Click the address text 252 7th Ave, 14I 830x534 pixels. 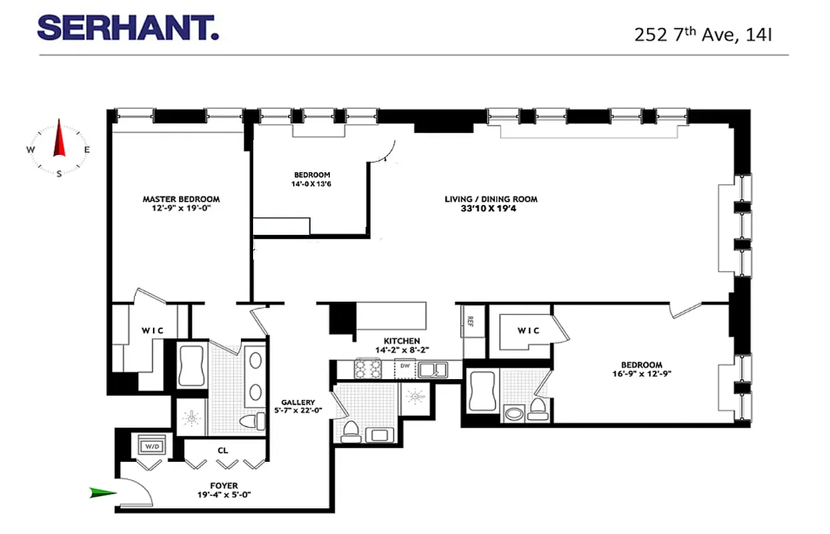702,34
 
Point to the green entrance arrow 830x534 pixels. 102,493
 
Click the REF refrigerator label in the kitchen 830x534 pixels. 470,321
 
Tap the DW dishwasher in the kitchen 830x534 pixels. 405,366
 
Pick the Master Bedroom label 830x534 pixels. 181,199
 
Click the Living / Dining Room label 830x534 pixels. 491,199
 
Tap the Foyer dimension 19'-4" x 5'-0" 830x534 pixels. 223,495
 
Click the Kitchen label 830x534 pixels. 401,341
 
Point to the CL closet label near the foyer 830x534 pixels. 223,450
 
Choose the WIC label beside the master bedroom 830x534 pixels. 152,330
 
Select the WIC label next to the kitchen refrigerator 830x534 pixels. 528,330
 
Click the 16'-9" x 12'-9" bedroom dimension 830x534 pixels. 641,374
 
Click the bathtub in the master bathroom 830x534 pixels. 193,365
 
